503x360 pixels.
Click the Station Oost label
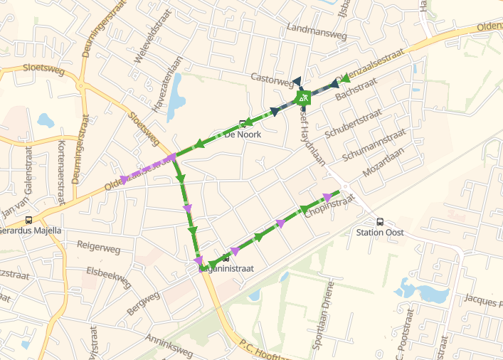(x=379, y=233)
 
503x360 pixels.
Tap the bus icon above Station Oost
(x=379, y=221)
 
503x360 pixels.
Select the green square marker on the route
(x=303, y=97)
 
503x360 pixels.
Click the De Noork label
(x=243, y=134)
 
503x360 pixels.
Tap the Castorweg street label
(x=272, y=75)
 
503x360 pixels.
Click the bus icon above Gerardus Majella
(x=28, y=220)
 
